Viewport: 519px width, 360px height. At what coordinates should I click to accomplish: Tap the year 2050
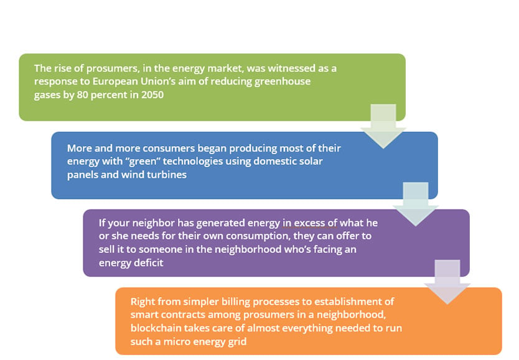tap(152, 95)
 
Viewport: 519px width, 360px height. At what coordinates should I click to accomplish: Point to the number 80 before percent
tap(82, 95)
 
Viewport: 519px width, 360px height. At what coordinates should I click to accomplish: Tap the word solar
tap(310, 161)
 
